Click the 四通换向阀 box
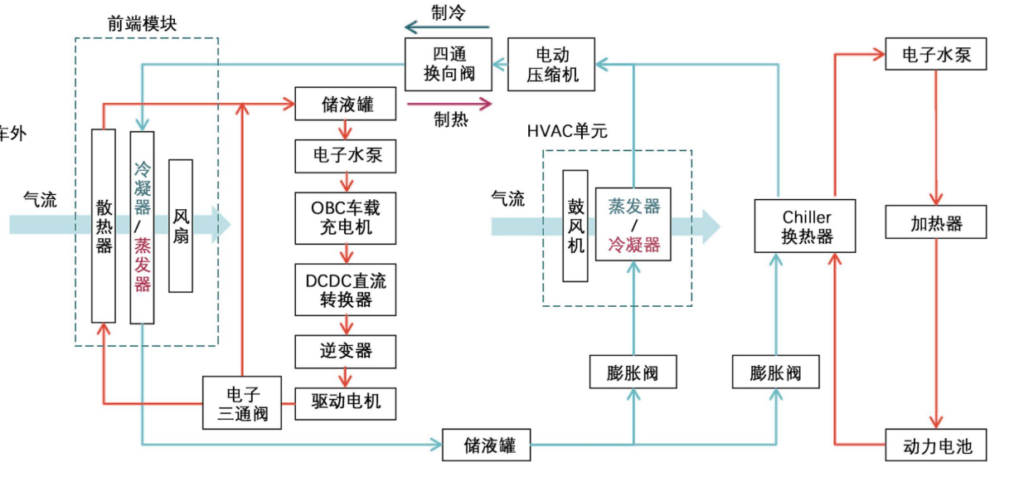coord(449,64)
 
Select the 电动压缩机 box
coord(552,65)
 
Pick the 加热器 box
coord(937,223)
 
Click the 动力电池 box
coord(937,446)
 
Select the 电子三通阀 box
coord(243,402)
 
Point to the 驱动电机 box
coord(347,402)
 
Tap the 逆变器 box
coord(347,352)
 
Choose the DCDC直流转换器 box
coord(347,290)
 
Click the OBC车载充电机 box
coord(347,217)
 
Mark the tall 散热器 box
coord(104,225)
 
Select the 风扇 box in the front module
coord(181,225)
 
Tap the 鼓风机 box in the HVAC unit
coord(575,225)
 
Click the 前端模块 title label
coord(142,22)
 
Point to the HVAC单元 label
coord(567,131)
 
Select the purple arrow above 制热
coord(449,104)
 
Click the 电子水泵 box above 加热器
coord(937,56)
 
